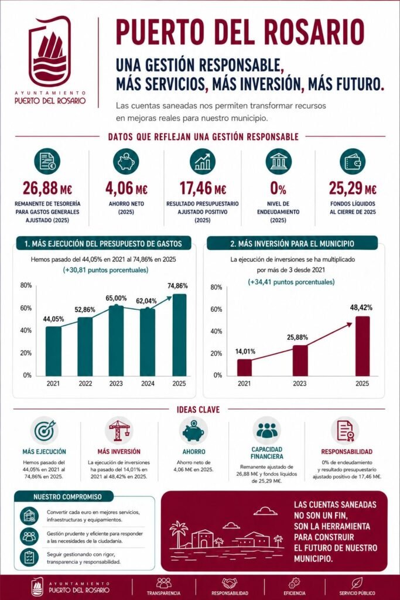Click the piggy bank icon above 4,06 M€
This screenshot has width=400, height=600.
pos(126,162)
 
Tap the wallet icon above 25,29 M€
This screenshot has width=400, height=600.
pos(352,162)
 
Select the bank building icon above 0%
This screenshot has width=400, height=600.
pos(278,162)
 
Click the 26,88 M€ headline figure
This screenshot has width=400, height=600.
pos(47,188)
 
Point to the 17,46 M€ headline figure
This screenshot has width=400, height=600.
pos(203,188)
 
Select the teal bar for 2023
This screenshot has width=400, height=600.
pos(116,340)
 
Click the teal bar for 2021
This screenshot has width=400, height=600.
pos(53,351)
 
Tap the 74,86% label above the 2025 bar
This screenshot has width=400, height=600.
pos(177,285)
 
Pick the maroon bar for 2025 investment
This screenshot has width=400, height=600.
pos(363,346)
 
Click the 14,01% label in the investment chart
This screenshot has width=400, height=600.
pos(245,352)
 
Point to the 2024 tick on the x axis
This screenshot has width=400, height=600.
pos(148,383)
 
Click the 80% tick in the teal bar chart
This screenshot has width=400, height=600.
pos(26,285)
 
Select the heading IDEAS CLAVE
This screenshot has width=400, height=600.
pos(198,410)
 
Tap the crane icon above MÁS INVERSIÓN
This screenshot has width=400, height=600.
pos(119,431)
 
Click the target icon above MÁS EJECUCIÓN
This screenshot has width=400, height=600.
pos(45,431)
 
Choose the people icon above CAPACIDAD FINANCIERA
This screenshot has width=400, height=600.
pos(267,431)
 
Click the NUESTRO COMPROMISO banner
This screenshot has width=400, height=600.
pos(64,497)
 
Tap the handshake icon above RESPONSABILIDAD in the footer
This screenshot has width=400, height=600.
pos(230,583)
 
